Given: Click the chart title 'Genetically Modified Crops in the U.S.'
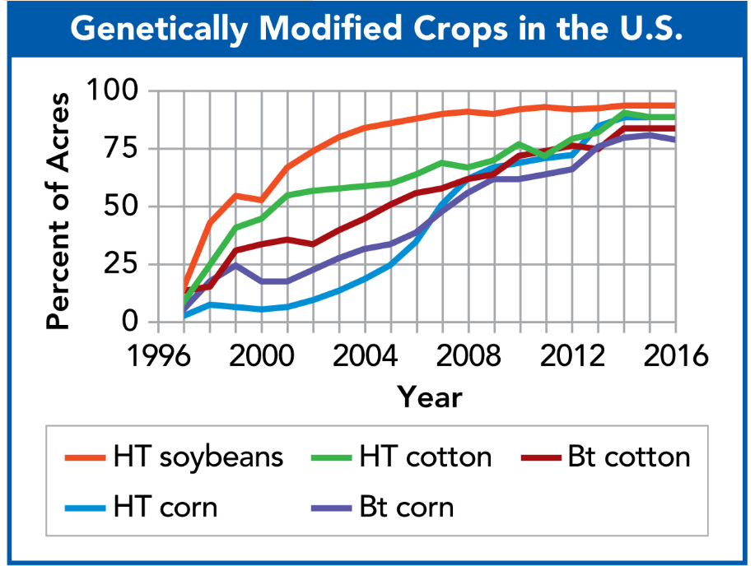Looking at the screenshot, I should (377, 30).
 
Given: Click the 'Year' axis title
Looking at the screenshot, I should (429, 397).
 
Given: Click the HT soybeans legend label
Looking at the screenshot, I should (198, 457).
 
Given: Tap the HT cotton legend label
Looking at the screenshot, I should (425, 457).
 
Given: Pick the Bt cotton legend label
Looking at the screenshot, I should (628, 457).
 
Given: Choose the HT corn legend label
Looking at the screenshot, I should (165, 506).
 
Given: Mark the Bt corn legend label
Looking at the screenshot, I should (406, 506).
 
